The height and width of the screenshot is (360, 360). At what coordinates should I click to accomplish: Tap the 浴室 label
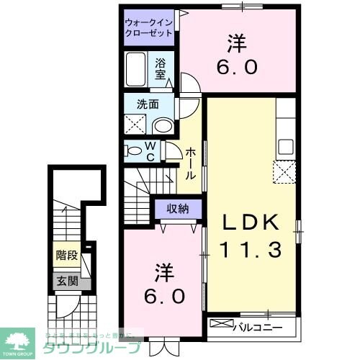click(x=161, y=68)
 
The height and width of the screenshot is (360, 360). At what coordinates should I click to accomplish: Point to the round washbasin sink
click(x=163, y=126)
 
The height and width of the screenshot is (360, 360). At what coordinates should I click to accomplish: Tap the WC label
click(x=152, y=151)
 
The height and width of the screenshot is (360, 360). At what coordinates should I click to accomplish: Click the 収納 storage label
click(x=174, y=210)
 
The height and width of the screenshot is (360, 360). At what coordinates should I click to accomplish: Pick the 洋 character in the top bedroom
click(x=235, y=45)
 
